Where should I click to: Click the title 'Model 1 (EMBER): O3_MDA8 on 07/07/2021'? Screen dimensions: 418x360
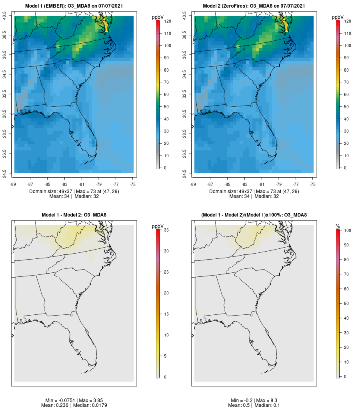pos(74,6)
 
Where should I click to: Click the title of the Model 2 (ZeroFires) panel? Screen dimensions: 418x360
pos(254,6)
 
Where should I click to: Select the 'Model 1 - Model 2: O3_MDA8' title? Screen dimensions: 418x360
pos(74,215)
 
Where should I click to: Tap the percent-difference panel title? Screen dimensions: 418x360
pos(254,215)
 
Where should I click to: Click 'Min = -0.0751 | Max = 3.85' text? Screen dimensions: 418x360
pos(74,400)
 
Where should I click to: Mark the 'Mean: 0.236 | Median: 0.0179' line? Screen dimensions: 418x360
pos(74,406)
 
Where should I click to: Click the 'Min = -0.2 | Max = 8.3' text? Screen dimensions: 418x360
pos(254,400)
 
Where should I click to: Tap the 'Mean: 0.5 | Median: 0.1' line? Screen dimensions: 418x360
pos(254,406)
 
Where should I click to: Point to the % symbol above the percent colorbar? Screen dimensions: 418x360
pos(338,226)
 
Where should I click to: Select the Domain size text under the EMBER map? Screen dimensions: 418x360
pos(74,192)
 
